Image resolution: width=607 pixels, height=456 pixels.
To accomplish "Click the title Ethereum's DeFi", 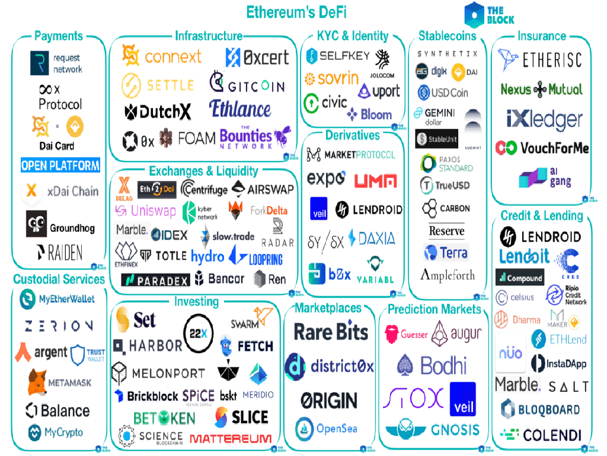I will [x=296, y=12].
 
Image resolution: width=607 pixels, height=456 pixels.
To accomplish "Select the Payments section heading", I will [x=59, y=36].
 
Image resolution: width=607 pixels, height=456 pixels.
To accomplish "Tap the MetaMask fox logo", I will [x=37, y=382].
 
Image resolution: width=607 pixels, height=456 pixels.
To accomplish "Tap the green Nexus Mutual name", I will [x=541, y=90].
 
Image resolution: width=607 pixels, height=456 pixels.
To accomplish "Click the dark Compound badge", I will [x=519, y=277].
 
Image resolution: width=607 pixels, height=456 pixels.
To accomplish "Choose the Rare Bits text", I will [x=331, y=332].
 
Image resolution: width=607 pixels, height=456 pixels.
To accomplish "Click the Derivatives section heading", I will [x=353, y=135].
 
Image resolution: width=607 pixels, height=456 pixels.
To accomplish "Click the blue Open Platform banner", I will [x=60, y=166].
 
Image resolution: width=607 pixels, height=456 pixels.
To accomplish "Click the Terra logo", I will [x=446, y=252].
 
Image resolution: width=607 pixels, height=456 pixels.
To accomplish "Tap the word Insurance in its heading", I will [x=541, y=36].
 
